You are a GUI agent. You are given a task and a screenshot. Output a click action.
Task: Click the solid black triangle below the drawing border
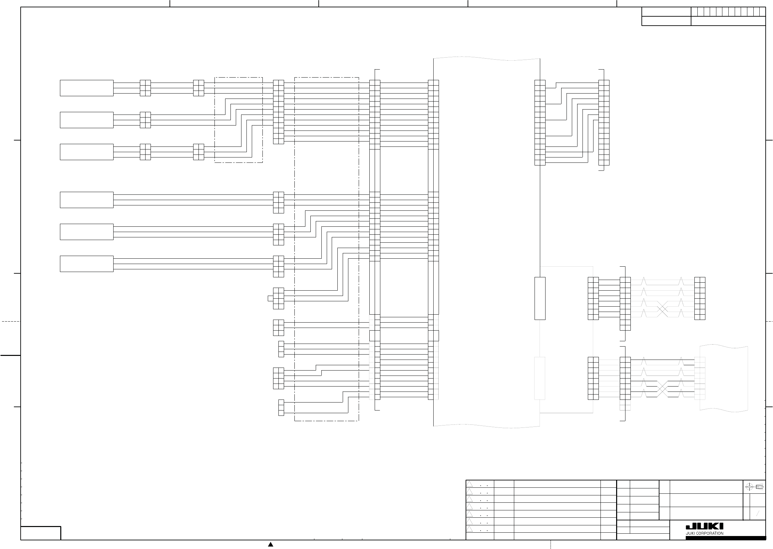click(x=270, y=544)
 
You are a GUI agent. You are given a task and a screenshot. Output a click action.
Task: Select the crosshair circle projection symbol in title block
click(x=749, y=487)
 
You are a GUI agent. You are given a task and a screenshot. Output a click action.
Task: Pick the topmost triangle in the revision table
click(x=470, y=484)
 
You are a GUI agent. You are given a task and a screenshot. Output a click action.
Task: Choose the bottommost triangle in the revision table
click(x=470, y=529)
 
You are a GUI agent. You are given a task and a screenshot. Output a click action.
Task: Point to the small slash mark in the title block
click(x=758, y=514)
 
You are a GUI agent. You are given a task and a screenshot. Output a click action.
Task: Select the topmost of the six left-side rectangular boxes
click(x=87, y=88)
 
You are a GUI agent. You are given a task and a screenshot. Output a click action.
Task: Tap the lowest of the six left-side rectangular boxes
click(x=87, y=264)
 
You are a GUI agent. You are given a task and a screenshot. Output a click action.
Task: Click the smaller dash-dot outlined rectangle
click(x=238, y=120)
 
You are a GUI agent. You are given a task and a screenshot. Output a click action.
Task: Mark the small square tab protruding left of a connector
click(x=270, y=298)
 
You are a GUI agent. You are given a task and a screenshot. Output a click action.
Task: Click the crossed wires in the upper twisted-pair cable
click(x=662, y=309)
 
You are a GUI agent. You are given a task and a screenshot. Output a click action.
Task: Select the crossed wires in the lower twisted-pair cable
click(x=662, y=389)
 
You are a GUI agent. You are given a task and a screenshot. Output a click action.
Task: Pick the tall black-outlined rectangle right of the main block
click(x=540, y=298)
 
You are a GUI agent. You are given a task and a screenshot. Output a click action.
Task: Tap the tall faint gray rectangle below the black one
click(x=540, y=378)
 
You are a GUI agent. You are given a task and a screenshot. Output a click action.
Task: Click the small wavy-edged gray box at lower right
click(x=724, y=378)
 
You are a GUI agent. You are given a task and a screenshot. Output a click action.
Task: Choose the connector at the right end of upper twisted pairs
click(x=700, y=298)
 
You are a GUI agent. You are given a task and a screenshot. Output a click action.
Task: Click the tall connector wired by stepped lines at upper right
click(x=603, y=123)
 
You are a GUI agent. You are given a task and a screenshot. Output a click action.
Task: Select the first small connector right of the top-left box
click(x=145, y=88)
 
